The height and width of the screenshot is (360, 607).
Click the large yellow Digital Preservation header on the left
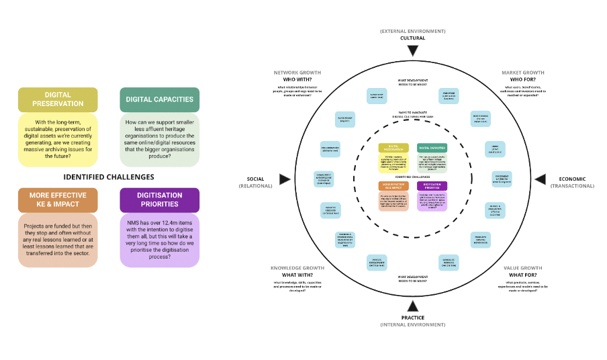pyautogui.click(x=58, y=99)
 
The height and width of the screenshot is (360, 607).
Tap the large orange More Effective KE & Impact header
pyautogui.click(x=58, y=199)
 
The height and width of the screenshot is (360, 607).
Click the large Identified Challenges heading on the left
pyautogui.click(x=109, y=177)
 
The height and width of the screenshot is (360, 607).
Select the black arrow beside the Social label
pyautogui.click(x=285, y=179)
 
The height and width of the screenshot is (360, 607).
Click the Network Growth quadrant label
pyautogui.click(x=297, y=73)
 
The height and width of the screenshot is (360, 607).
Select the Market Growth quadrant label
pyautogui.click(x=523, y=73)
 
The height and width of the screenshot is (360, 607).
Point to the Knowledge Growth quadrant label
pyautogui.click(x=297, y=268)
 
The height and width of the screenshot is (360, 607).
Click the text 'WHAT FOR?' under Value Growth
pyautogui.click(x=523, y=275)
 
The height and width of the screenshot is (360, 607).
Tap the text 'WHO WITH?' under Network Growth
pyautogui.click(x=297, y=79)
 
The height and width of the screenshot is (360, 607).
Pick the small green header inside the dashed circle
pyautogui.click(x=432, y=147)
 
